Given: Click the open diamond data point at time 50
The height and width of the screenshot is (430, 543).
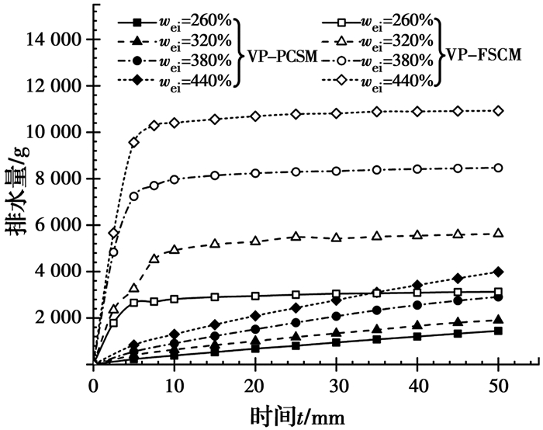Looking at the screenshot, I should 498,111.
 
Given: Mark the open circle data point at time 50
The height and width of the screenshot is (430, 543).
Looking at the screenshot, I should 498,168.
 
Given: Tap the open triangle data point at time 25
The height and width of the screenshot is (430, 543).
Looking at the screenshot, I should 296,236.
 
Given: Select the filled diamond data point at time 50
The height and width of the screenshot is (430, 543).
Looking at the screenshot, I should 498,272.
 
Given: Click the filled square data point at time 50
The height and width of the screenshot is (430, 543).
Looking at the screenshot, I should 498,331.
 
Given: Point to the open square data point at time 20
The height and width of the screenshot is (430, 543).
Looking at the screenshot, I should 255,296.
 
